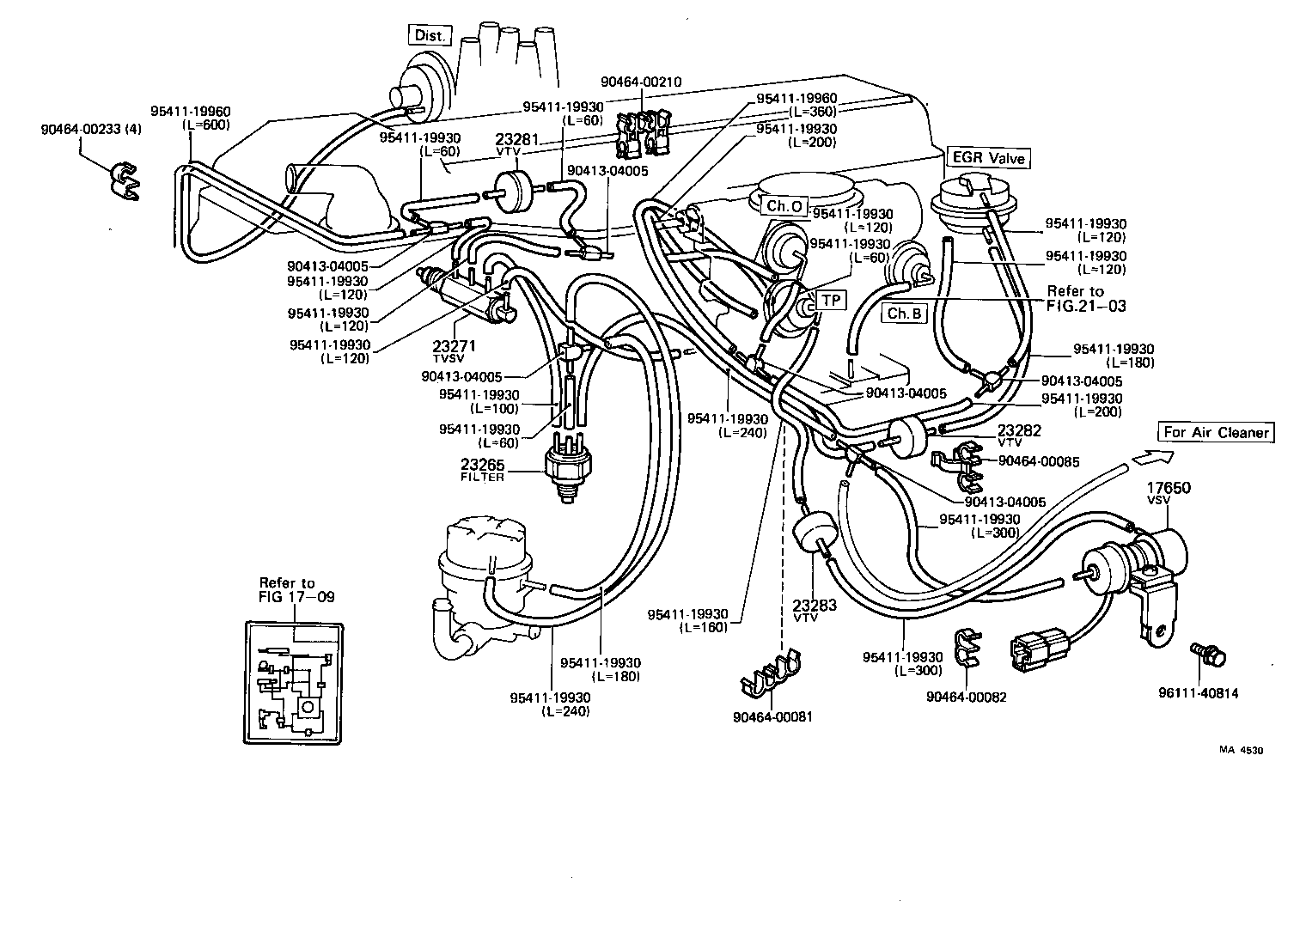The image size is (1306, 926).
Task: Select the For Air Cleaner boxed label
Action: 1215,432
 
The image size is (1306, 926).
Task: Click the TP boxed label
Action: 831,300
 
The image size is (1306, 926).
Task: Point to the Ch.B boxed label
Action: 904,314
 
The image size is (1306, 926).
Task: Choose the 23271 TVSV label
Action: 455,350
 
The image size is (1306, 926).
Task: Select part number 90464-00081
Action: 772,716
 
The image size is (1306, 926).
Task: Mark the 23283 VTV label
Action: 814,610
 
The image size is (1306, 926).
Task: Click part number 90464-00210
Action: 641,82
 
